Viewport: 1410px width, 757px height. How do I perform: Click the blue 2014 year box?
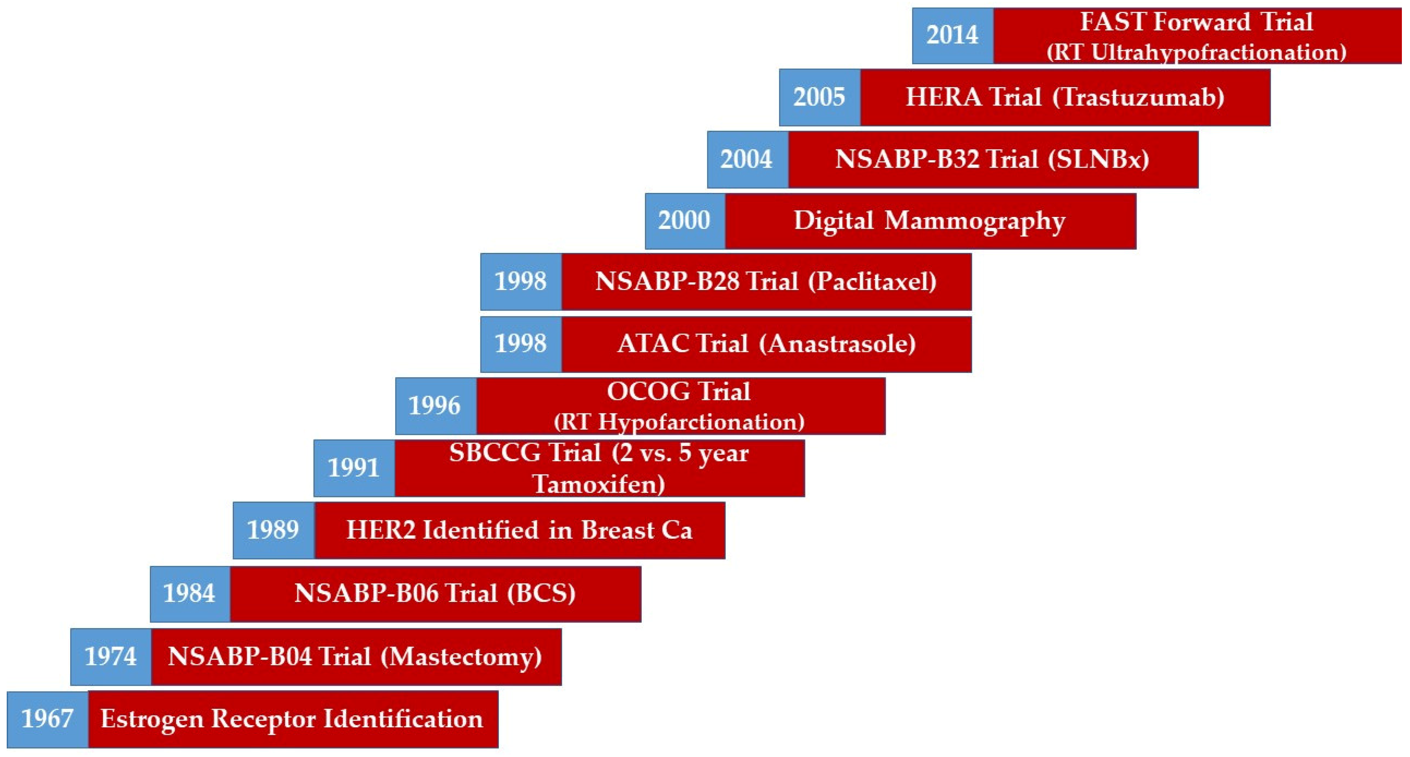click(953, 36)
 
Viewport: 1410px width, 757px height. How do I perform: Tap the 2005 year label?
click(820, 97)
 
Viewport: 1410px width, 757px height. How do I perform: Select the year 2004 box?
click(748, 159)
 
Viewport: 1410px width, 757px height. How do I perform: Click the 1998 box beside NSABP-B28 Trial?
click(521, 281)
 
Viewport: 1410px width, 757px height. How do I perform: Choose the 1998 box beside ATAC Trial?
click(521, 344)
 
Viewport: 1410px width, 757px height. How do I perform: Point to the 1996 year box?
click(436, 406)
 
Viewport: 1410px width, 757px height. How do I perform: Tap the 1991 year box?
click(354, 468)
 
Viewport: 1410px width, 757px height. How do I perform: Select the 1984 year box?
click(190, 594)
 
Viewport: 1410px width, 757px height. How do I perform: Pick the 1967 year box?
click(48, 719)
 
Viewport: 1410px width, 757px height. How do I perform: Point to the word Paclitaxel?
click(872, 281)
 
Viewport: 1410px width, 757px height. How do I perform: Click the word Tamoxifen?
click(599, 484)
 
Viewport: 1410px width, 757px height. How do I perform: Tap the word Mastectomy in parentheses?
click(461, 657)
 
